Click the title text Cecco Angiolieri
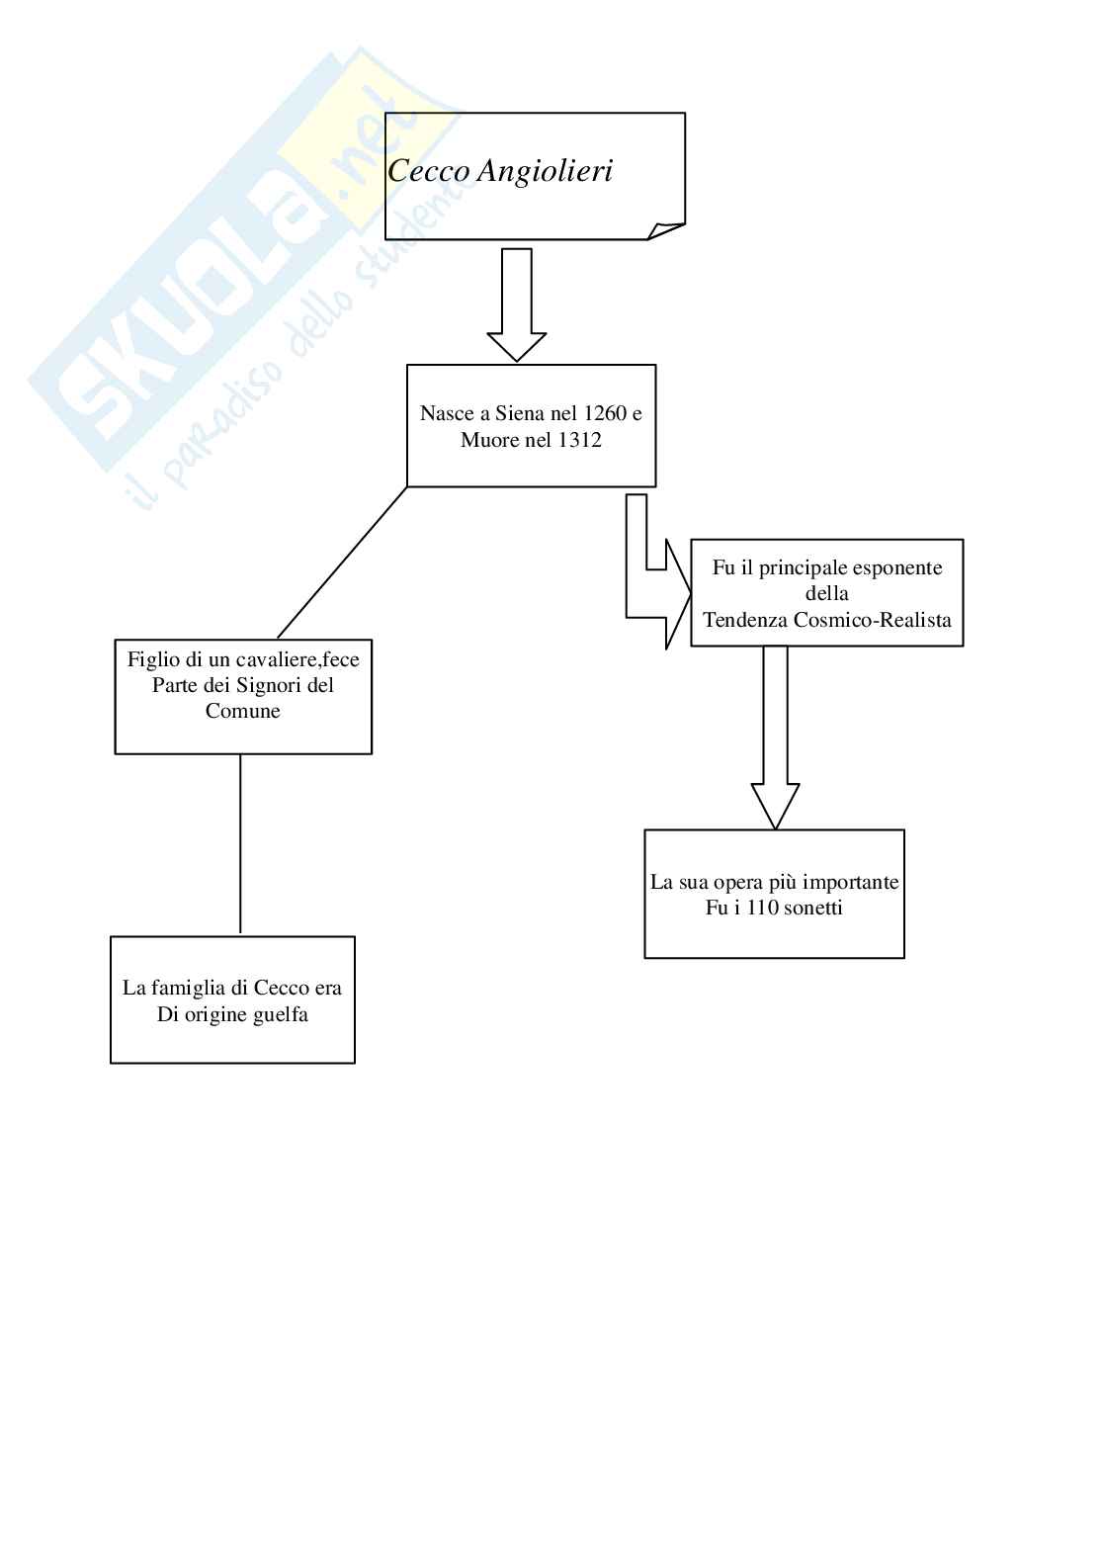pyautogui.click(x=500, y=172)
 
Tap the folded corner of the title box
pyautogui.click(x=667, y=230)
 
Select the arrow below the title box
pyautogui.click(x=517, y=304)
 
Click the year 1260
pyautogui.click(x=605, y=413)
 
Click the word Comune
pyautogui.click(x=243, y=711)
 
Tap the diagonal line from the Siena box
pyautogui.click(x=342, y=563)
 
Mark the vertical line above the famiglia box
pyautogui.click(x=240, y=844)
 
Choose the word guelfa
pyautogui.click(x=279, y=1014)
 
